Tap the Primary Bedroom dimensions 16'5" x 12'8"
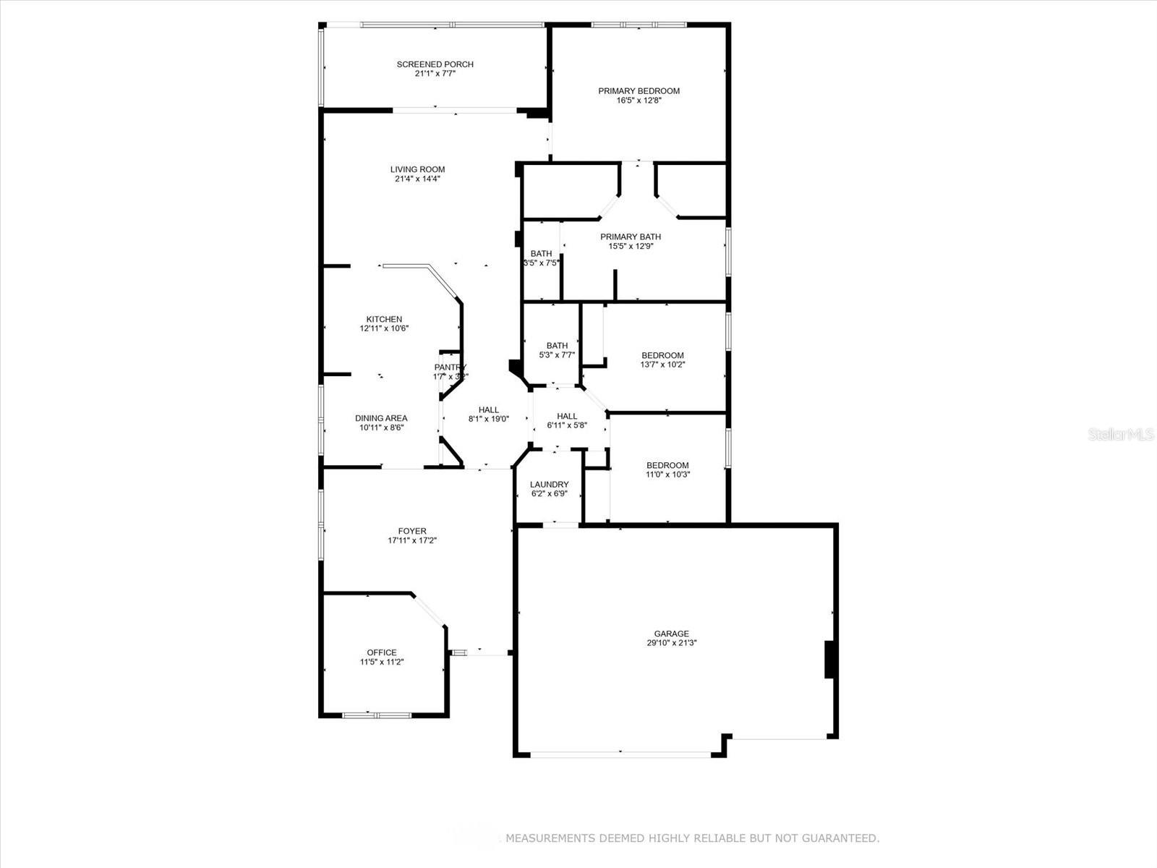point(639,101)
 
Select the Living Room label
point(417,169)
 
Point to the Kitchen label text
point(384,319)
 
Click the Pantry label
point(451,367)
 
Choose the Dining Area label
point(380,418)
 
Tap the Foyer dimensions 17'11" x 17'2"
point(412,540)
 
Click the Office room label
point(381,652)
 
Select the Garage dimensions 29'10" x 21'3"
point(672,643)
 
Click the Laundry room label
point(549,485)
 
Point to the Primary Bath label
point(630,237)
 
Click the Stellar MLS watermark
point(1121,435)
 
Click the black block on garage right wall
point(830,659)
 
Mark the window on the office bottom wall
point(376,715)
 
